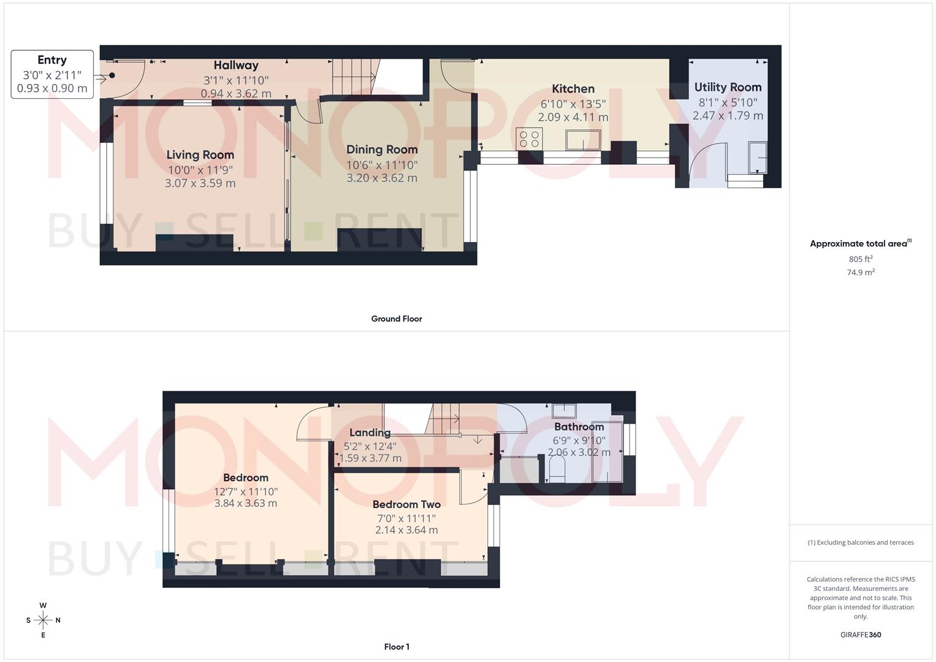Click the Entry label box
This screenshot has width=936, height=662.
click(52, 74)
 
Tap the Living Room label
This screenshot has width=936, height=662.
click(200, 155)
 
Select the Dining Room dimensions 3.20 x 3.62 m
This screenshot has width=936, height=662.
click(381, 178)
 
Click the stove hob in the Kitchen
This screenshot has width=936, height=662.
click(529, 139)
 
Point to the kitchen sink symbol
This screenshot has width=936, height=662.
click(582, 140)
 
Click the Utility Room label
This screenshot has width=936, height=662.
click(728, 88)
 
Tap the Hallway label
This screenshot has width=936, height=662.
click(236, 66)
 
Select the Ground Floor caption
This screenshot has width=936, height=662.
click(397, 319)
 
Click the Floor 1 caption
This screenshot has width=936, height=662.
click(397, 647)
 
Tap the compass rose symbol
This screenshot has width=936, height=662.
click(43, 620)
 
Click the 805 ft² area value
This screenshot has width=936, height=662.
click(861, 259)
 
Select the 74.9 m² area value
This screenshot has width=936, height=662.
click(861, 273)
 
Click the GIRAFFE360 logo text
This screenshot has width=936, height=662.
click(861, 635)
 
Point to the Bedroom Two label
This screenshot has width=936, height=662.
click(406, 505)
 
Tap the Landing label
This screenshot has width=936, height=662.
click(370, 433)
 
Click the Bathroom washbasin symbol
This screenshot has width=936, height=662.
click(563, 411)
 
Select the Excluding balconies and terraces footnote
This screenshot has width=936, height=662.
click(861, 542)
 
